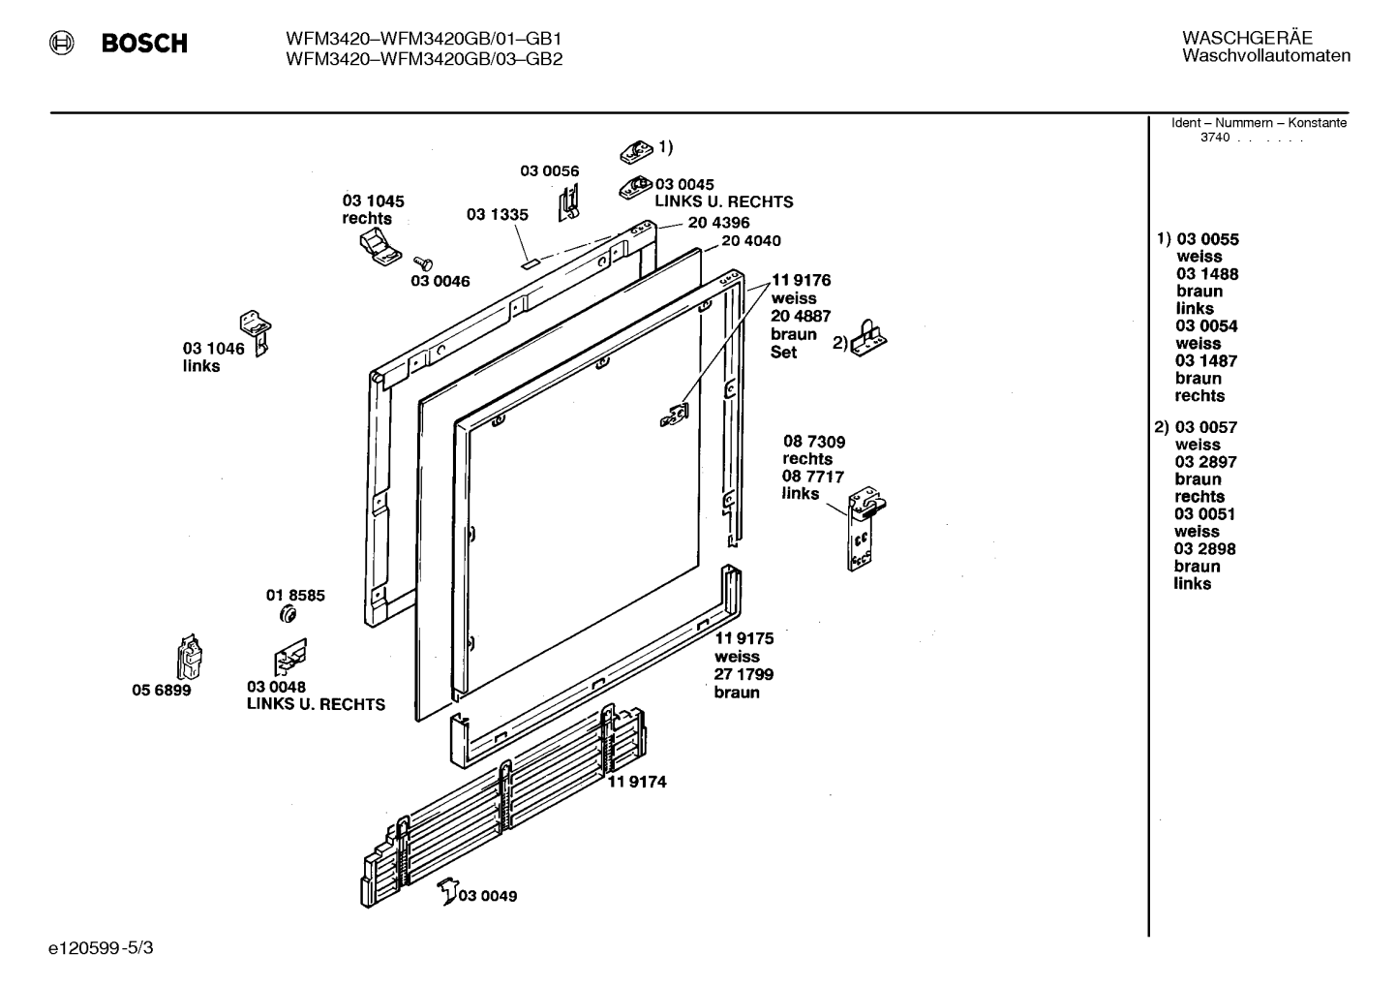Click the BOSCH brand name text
(x=144, y=43)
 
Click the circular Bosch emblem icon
(x=62, y=43)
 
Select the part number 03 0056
(x=550, y=170)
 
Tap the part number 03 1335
(x=498, y=214)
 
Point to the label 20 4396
(x=718, y=223)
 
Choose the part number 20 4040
(x=751, y=240)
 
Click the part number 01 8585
(x=295, y=596)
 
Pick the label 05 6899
(x=162, y=691)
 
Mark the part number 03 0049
(x=488, y=896)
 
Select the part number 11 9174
(x=637, y=782)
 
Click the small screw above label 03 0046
(x=423, y=263)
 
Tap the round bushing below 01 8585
(x=288, y=615)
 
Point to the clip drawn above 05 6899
(x=190, y=657)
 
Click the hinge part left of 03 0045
(x=636, y=187)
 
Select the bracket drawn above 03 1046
(x=256, y=333)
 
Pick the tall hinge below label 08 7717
(x=865, y=528)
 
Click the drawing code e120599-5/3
(x=101, y=948)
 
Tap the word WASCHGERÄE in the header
(x=1247, y=38)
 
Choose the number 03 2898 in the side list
(x=1204, y=548)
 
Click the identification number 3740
(x=1215, y=138)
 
